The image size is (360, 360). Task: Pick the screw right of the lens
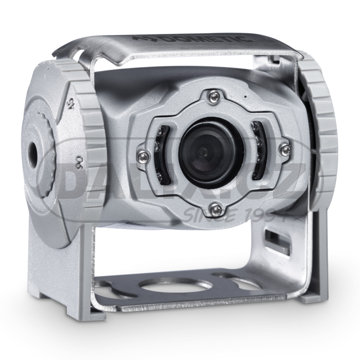[286, 149]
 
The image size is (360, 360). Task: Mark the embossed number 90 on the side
[79, 160]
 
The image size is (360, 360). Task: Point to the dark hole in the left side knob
[32, 150]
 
